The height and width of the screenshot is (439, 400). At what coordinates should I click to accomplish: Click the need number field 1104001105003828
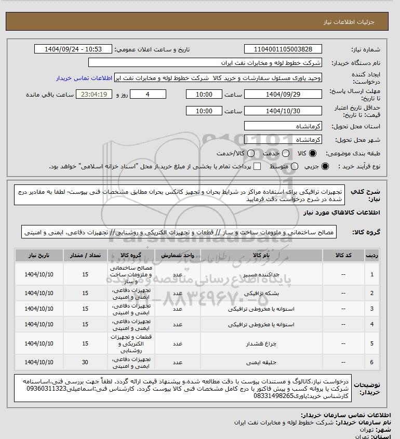[x=283, y=49]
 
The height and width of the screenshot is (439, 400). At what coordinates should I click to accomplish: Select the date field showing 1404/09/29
[x=283, y=95]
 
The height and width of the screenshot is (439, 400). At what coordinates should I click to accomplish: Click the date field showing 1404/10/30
[x=283, y=111]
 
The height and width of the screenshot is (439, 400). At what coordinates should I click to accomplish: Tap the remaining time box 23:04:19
[x=94, y=95]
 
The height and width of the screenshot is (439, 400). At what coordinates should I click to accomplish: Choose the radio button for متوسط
[x=295, y=166]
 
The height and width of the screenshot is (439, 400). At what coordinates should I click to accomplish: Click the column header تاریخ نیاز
[x=39, y=256]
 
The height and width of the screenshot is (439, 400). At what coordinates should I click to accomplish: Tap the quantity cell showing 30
[x=85, y=362]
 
